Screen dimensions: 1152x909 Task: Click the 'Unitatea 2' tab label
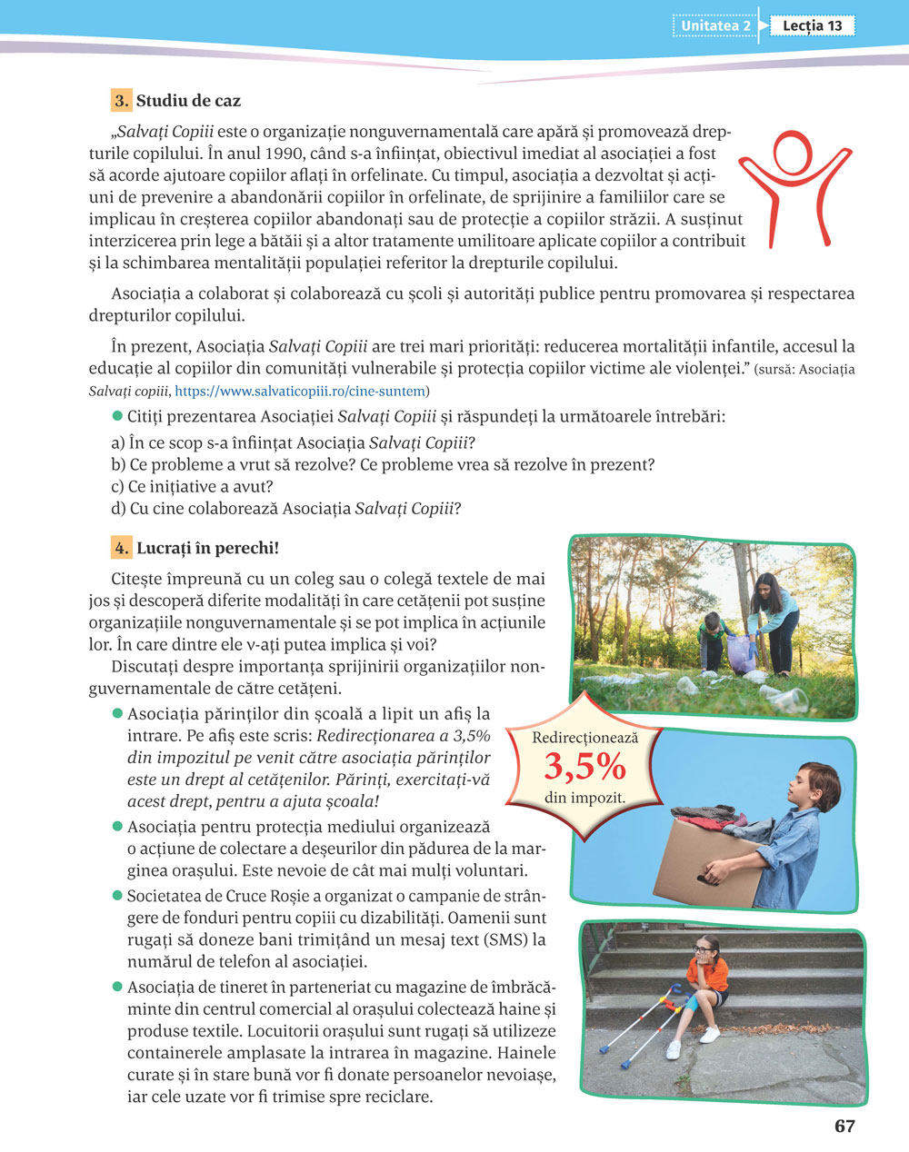tap(715, 25)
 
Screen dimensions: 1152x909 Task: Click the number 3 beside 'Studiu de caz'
tap(121, 100)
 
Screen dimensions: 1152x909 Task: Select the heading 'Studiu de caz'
tap(188, 100)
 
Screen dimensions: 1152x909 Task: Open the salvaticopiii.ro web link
tap(299, 391)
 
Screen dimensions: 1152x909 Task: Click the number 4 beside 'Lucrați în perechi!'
tap(121, 548)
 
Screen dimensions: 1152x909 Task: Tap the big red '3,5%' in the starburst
tap(584, 768)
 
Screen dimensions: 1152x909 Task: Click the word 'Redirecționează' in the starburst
tap(584, 738)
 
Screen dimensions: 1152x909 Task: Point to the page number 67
tap(844, 1127)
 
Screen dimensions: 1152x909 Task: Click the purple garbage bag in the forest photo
tap(742, 650)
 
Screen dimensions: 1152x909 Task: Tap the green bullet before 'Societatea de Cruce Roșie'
tap(116, 896)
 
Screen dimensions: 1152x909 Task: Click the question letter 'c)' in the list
tap(117, 486)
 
